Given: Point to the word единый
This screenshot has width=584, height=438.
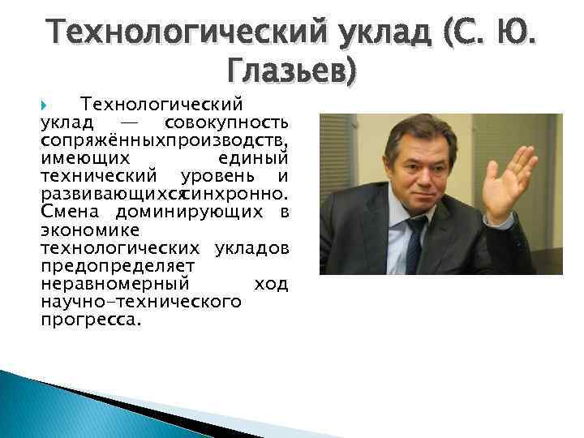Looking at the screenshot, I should [253, 158].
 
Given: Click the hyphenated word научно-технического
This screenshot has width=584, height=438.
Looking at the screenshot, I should [140, 301].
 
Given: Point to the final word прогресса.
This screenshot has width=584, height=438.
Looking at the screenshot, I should [89, 319].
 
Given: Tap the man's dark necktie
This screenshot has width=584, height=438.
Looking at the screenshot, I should [416, 243].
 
